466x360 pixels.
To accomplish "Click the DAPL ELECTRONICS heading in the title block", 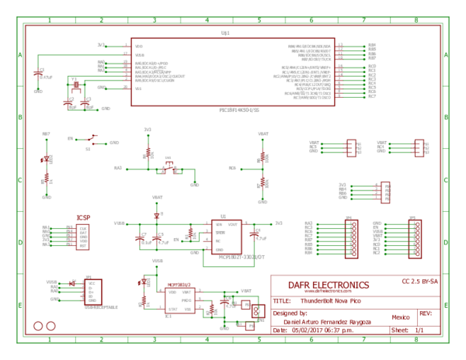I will pos(329,285).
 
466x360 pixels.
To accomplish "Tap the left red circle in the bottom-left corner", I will pos(38,326).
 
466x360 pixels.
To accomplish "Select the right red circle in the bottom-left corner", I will pos(51,326).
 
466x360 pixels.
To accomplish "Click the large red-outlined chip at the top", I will pos(233,71).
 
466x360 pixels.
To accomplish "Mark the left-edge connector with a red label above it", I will pos(67,237).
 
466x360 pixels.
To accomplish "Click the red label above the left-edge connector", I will pos(83,217).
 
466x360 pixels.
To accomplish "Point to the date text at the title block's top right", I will pos(419,281).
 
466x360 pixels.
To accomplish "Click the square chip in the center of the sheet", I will pos(227,237).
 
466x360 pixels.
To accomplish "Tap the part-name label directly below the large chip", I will pos(238,110).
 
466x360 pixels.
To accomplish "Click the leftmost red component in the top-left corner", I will pos(37,74).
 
